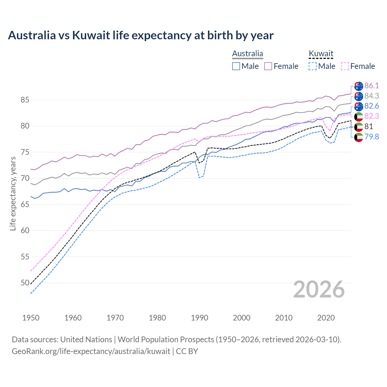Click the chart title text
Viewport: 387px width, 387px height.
coord(141,35)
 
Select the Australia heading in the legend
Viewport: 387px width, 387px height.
coord(247,54)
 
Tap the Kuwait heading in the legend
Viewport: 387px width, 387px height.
coord(321,54)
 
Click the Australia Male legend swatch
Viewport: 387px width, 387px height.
coord(236,66)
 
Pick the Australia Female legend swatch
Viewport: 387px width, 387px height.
coord(268,66)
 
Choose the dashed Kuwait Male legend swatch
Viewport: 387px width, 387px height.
coord(313,66)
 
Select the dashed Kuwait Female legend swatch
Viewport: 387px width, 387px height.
coord(345,66)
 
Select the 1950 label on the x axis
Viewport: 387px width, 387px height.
coord(31,318)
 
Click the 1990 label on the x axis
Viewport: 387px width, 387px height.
coord(200,318)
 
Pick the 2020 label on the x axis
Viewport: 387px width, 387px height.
coord(326,318)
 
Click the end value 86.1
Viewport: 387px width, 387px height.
coord(372,86)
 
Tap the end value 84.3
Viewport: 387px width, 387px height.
coord(372,96)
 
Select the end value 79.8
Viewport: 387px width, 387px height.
coord(372,137)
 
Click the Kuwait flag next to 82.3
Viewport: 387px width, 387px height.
coord(359,116)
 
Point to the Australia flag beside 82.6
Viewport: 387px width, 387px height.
coord(359,106)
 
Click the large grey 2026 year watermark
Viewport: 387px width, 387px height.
coord(319,289)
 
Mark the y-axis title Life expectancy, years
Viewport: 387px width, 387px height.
coord(13,193)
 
